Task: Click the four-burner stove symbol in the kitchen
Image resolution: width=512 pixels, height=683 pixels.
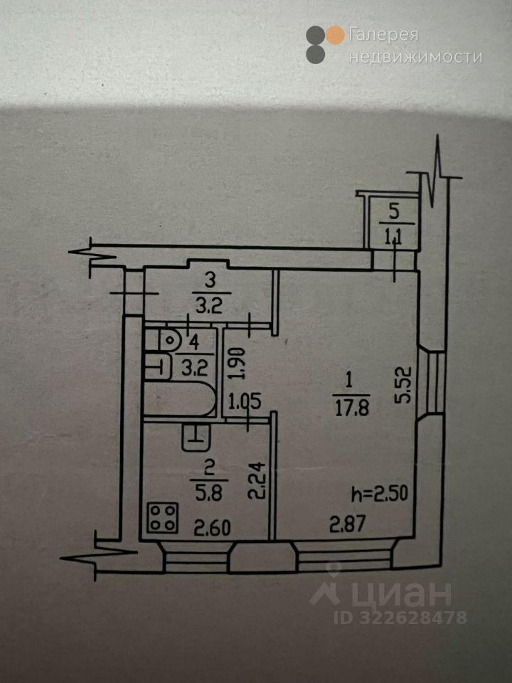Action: [x=163, y=517]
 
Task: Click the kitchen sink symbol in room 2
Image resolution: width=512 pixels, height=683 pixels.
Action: [x=196, y=435]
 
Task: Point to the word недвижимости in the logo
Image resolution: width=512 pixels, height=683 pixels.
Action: [x=415, y=57]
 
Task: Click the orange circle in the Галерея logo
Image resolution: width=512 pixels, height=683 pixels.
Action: [x=335, y=34]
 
